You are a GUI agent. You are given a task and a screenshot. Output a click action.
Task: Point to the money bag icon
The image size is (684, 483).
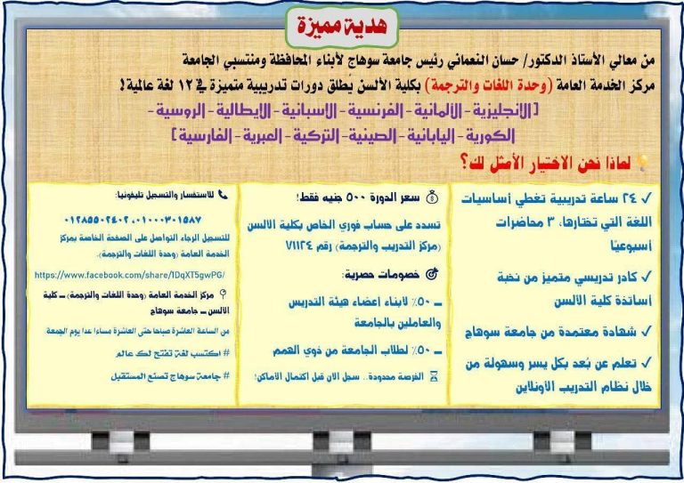click(431, 193)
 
